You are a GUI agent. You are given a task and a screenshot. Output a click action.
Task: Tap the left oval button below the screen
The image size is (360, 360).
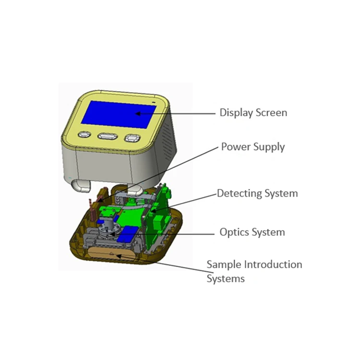pos(84,135)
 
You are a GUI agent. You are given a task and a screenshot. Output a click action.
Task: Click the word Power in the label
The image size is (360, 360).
pos(236,147)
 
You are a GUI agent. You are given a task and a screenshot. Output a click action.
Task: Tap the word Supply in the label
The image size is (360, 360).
pos(270,147)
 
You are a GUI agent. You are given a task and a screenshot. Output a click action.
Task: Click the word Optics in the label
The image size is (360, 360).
pos(234,233)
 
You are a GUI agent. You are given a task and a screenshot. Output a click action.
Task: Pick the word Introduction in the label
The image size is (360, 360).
pos(274,264)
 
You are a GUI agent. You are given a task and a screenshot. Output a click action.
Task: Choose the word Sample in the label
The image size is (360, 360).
pos(224,264)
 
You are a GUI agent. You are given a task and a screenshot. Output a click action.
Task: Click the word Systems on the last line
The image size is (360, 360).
pos(226,279)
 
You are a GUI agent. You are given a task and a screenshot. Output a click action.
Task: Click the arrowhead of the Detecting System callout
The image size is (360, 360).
pos(153,211)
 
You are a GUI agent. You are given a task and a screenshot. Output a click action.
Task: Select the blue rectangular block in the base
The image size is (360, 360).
pos(126,236)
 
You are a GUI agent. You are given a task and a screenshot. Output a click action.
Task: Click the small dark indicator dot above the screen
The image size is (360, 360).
pos(154,102)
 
